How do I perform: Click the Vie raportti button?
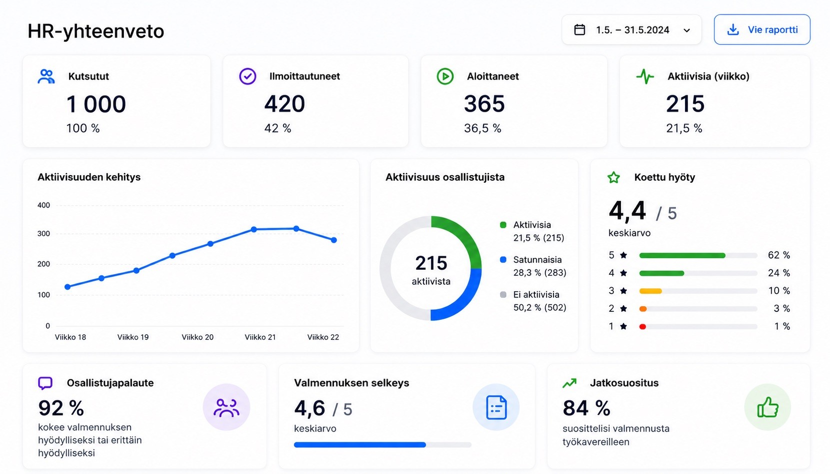762,30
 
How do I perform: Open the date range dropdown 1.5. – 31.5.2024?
631,30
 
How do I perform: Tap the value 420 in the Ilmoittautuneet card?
284,104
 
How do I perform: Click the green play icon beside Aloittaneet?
445,77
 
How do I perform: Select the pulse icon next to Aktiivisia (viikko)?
645,77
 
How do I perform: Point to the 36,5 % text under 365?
482,128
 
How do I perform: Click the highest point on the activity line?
296,228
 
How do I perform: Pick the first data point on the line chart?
67,287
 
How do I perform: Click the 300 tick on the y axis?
43,234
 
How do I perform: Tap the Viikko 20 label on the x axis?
197,337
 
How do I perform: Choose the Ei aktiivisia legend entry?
533,301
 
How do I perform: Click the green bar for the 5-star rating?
682,255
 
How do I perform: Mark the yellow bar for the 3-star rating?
650,291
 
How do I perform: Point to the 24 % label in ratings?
779,273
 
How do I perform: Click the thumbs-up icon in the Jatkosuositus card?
768,407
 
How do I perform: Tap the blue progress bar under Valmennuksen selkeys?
360,444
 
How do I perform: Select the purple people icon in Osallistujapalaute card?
226,407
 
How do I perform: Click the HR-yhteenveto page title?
95,31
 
